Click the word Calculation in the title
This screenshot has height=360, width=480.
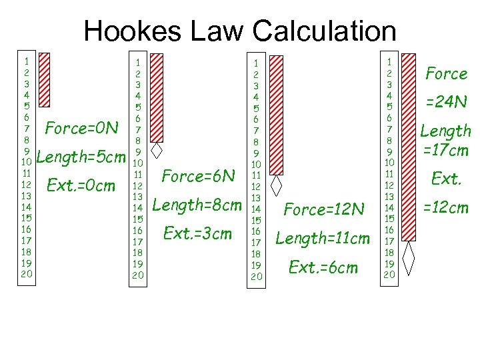click(324, 31)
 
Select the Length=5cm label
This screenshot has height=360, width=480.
click(81, 158)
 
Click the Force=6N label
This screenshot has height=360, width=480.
click(198, 176)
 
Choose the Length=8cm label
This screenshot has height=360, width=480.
click(197, 205)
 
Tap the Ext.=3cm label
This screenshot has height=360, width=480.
click(197, 233)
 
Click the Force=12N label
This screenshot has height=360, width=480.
click(324, 209)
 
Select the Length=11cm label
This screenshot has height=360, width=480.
click(322, 238)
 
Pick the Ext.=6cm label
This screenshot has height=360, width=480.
click(323, 267)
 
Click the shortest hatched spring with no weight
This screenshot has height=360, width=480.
click(45, 80)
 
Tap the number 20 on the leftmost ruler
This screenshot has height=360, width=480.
click(26, 274)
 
